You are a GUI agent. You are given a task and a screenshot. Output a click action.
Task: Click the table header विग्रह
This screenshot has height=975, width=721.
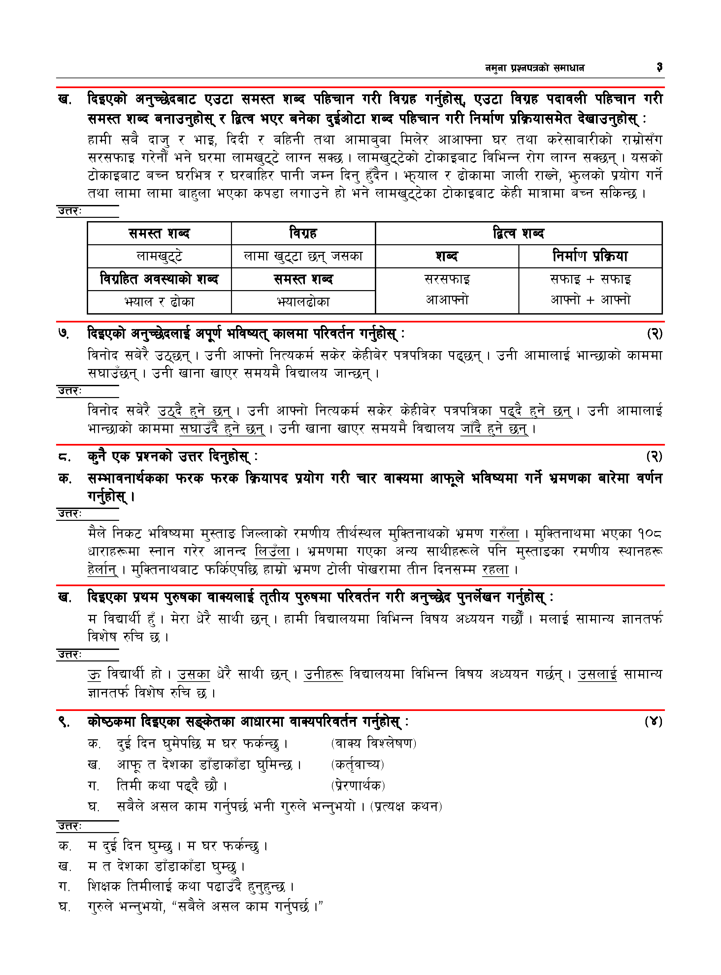click(303, 233)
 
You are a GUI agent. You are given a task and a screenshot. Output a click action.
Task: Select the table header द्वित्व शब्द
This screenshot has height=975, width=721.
click(518, 233)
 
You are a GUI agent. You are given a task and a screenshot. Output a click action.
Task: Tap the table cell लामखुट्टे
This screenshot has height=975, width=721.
click(159, 256)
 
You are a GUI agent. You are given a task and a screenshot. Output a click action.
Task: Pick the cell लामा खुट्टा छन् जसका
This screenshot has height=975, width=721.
click(303, 256)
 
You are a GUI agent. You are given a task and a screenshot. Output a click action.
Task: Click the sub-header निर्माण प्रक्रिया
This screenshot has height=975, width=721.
click(590, 256)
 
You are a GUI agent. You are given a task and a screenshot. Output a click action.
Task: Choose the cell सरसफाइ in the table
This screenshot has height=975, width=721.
click(447, 279)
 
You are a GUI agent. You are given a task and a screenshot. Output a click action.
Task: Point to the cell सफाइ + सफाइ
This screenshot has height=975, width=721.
click(590, 279)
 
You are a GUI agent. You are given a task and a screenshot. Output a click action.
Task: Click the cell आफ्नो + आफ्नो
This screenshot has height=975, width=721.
click(590, 300)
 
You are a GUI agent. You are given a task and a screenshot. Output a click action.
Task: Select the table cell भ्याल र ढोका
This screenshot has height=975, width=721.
click(159, 302)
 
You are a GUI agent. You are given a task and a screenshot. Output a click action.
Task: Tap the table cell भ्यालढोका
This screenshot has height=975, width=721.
click(303, 302)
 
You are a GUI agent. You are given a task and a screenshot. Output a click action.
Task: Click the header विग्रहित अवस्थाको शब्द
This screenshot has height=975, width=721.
click(159, 279)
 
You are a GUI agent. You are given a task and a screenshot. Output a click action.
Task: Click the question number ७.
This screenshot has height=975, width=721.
click(64, 334)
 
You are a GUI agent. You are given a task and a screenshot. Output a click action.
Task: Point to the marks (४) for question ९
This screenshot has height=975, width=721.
click(653, 722)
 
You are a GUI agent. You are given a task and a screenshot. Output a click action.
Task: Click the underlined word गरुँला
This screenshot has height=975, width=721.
click(504, 533)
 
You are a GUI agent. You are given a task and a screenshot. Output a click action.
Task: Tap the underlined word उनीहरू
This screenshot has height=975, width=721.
click(323, 674)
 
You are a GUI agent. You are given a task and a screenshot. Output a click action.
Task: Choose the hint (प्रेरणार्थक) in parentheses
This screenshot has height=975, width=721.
click(358, 786)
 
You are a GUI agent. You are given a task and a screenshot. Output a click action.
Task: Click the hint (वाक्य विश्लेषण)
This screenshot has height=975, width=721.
click(374, 743)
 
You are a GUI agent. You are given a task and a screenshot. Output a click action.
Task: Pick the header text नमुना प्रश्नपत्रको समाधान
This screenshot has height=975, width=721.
click(535, 68)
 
